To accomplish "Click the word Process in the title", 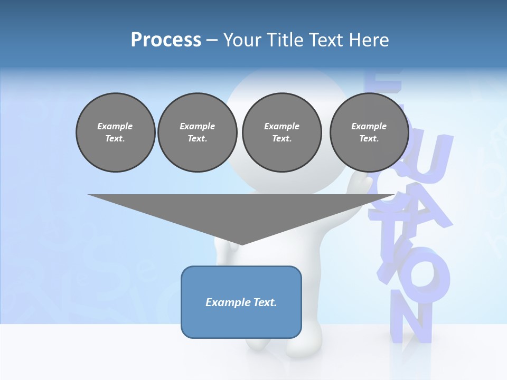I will (166, 40).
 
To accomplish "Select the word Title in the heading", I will (286, 40).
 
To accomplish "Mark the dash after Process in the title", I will (212, 40).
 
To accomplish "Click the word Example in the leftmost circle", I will (115, 126).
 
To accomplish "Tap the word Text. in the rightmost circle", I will (369, 139).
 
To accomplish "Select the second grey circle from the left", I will (197, 132).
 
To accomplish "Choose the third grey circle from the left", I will (281, 132).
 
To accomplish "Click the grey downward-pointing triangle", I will (241, 214).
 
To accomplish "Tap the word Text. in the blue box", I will (264, 302).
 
